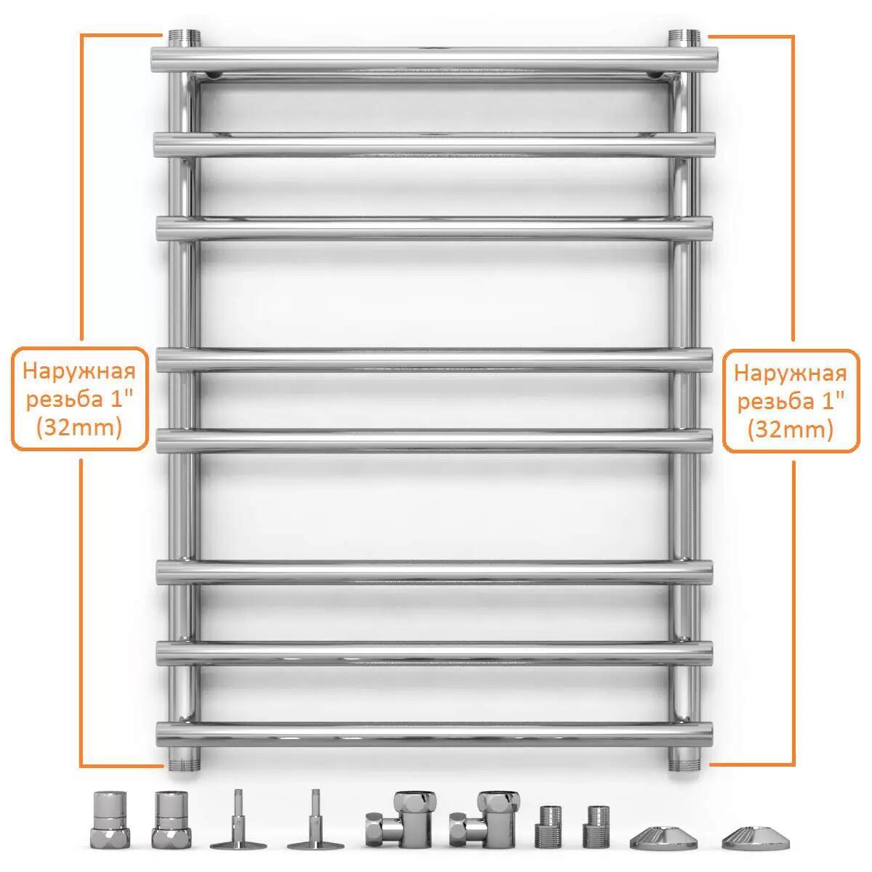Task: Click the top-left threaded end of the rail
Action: [x=184, y=38]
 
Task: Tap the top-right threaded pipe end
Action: [x=684, y=38]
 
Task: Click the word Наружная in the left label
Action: [x=79, y=372]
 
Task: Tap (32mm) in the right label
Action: [x=790, y=429]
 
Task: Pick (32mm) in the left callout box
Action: [x=79, y=427]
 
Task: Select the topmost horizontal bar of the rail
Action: [x=435, y=60]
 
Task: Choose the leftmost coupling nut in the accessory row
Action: [x=110, y=820]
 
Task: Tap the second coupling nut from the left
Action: [x=171, y=820]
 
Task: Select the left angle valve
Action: [x=401, y=820]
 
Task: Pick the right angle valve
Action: [x=485, y=820]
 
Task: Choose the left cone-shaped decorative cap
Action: [x=663, y=836]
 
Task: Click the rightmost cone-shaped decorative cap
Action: [x=755, y=836]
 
